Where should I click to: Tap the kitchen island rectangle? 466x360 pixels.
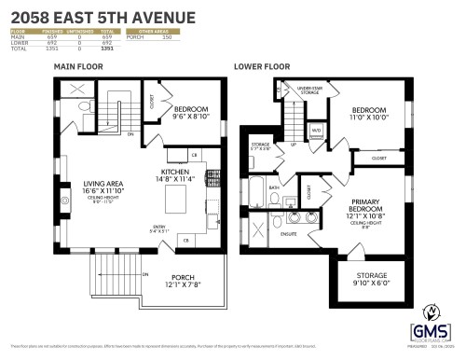(177, 199)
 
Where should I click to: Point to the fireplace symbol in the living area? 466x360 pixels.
(64, 200)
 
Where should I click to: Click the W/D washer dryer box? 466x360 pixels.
(316, 130)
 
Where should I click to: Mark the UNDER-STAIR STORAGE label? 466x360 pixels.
(309, 90)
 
